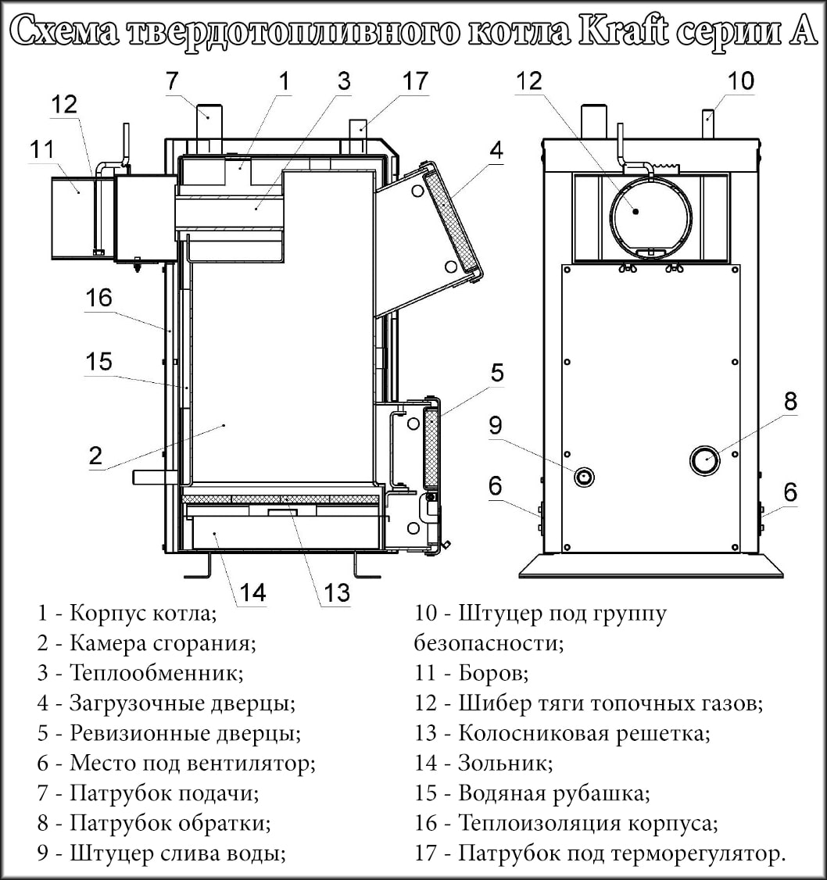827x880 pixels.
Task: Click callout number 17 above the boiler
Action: point(416,80)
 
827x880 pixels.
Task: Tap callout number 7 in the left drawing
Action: point(172,80)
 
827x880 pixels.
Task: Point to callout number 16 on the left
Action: point(99,297)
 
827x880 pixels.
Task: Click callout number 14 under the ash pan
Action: point(252,592)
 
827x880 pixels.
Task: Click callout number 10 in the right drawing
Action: point(741,80)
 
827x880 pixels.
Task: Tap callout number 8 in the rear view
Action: point(790,402)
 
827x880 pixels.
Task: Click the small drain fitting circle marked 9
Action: point(585,477)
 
